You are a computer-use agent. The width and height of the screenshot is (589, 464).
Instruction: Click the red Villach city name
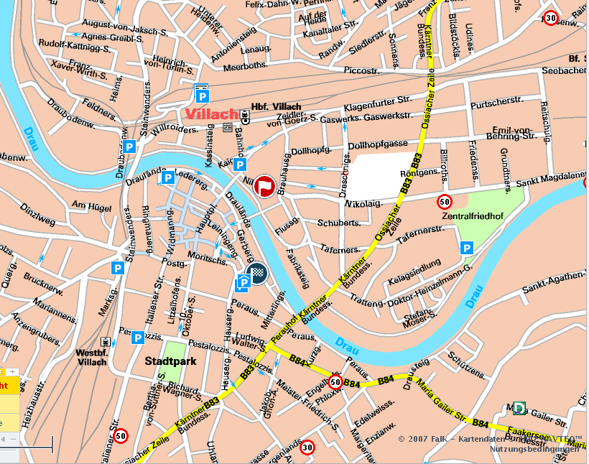pos(211,114)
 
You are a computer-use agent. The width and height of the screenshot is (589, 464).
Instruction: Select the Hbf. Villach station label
pos(276,107)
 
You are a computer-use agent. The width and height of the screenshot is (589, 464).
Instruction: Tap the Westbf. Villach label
pos(91,357)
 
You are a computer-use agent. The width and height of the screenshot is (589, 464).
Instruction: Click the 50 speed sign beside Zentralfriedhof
pos(445,202)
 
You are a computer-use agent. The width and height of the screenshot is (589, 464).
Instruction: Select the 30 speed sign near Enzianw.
pos(308,447)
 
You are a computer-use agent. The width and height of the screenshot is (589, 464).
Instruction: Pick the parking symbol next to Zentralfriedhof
pos(467,248)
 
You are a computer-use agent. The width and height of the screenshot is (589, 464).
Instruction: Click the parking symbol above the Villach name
pos(203,95)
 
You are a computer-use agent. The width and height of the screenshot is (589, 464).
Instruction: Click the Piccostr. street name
pos(361,71)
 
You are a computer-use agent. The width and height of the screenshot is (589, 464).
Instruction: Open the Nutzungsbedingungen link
pos(534,449)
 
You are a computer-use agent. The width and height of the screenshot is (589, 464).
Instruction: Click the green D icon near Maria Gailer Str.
pos(518,407)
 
